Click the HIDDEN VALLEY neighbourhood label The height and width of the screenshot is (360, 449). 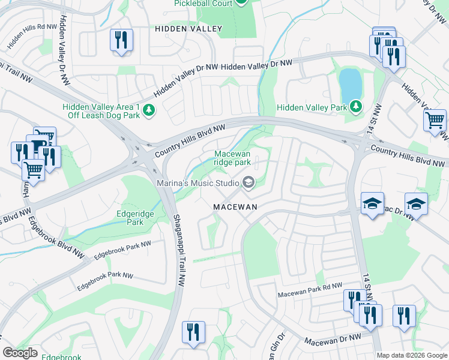pos(188,29)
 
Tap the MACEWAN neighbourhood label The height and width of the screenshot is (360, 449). pos(235,206)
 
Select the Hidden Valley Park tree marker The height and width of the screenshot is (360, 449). pos(356,107)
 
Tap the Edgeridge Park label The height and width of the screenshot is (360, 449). pos(130,217)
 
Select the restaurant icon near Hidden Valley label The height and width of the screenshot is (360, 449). pos(122,40)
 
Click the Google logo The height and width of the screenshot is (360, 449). pos(20,353)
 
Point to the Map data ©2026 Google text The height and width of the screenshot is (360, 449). pos(412,355)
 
